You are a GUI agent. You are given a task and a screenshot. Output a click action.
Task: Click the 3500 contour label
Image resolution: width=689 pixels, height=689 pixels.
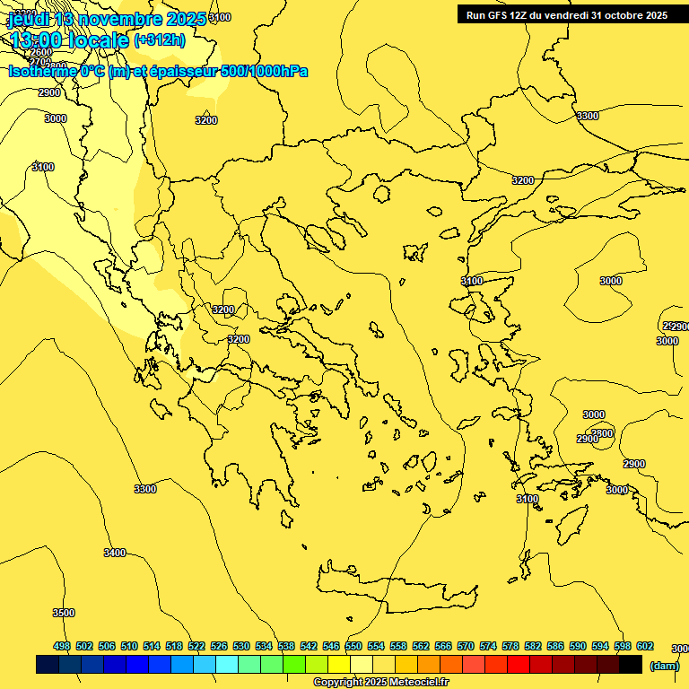63,613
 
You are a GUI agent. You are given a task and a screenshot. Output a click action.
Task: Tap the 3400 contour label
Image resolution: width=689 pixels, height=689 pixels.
115,553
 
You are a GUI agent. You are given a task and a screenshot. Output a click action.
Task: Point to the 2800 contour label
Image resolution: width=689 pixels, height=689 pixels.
603,433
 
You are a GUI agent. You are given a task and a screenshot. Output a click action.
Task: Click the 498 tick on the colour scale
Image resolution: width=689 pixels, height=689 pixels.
62,647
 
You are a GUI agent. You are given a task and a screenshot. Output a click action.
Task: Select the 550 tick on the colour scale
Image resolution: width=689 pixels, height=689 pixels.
353,647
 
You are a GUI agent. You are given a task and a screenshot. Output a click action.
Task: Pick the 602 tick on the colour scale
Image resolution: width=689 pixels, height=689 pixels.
645,647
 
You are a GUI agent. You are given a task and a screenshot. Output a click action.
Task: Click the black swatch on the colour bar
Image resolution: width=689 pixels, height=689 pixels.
631,665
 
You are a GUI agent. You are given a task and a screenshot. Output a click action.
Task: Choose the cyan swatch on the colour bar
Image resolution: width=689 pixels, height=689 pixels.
227,665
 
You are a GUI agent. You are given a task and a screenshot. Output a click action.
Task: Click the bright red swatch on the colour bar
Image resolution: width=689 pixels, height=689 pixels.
519,665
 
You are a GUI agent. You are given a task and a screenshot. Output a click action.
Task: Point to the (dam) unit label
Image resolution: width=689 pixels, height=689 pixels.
665,666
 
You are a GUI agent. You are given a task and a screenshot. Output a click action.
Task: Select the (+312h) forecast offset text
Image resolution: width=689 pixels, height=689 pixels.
160,39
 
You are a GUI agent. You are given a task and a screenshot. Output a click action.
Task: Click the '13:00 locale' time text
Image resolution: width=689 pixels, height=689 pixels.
69,40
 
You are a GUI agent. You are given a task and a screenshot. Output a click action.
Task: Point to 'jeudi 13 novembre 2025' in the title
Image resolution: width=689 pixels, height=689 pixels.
108,19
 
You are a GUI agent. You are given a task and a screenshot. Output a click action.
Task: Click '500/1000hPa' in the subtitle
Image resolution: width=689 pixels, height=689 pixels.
264,71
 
